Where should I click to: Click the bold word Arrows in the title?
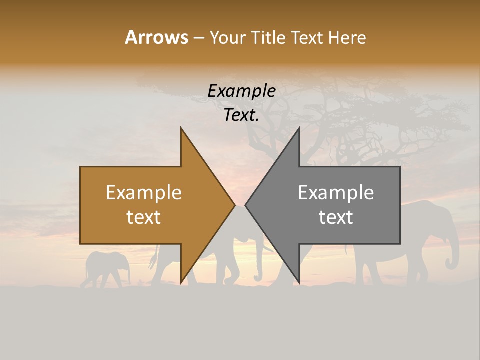pyautogui.click(x=156, y=37)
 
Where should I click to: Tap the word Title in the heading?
pyautogui.click(x=269, y=37)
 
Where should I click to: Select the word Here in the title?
pyautogui.click(x=347, y=37)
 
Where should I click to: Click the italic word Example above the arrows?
pyautogui.click(x=241, y=91)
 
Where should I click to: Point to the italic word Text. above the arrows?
pyautogui.click(x=241, y=115)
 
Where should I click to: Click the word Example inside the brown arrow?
pyautogui.click(x=144, y=193)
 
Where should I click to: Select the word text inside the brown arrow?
pyautogui.click(x=144, y=217)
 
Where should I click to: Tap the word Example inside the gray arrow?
pyautogui.click(x=336, y=193)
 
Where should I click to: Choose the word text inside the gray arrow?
pyautogui.click(x=336, y=217)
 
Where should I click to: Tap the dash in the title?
pyautogui.click(x=198, y=38)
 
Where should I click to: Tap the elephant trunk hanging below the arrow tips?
pyautogui.click(x=258, y=265)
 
